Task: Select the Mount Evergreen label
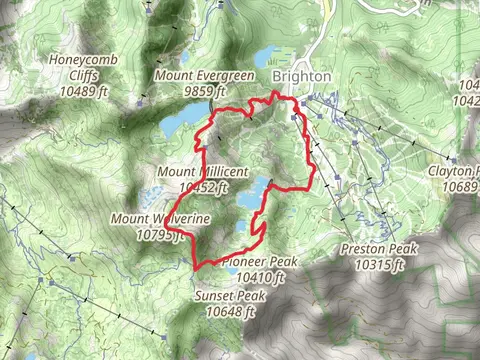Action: coord(205,77)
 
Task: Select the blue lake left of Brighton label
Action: coord(271,56)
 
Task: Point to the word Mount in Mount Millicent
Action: coord(176,171)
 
